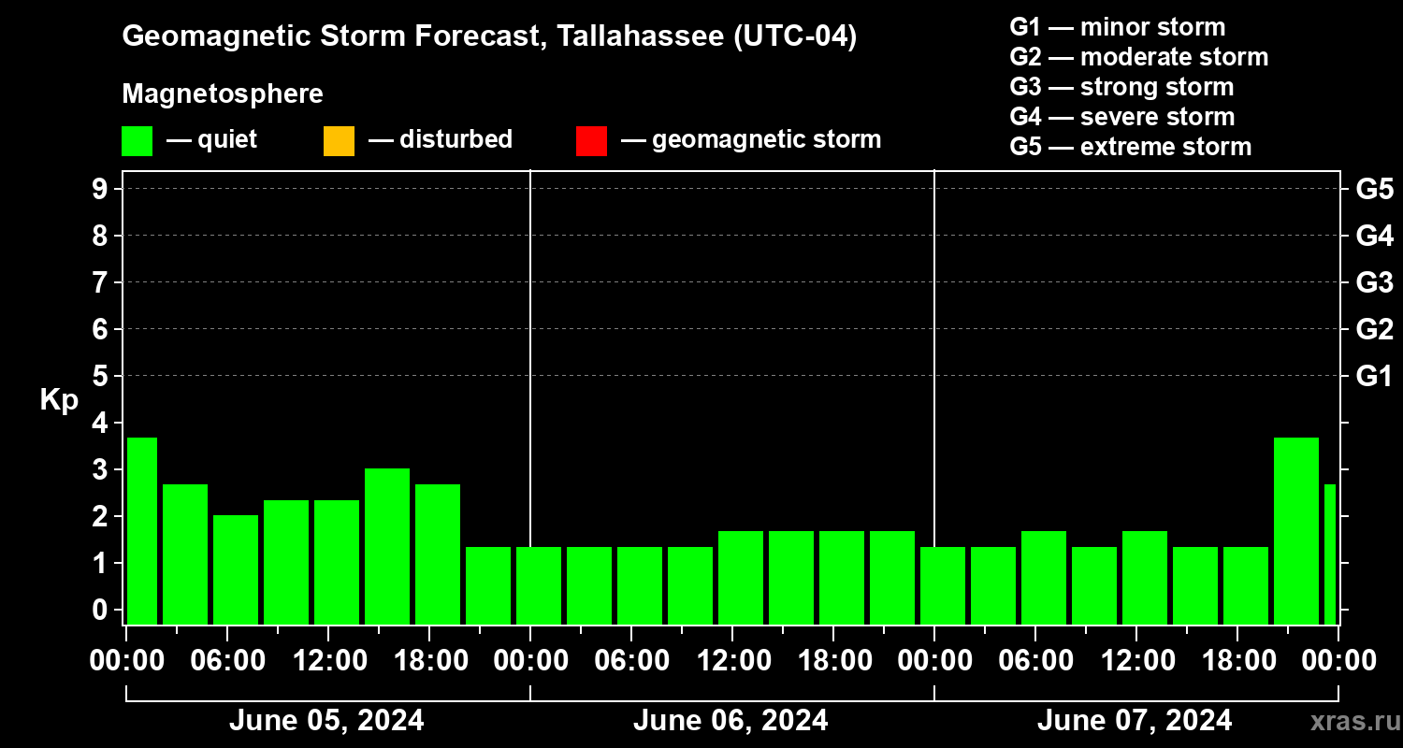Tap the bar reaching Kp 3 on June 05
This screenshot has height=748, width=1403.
click(387, 546)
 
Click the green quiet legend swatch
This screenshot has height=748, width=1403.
click(137, 141)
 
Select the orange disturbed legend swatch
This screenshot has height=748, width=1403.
click(339, 141)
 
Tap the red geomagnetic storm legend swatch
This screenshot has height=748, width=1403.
click(591, 141)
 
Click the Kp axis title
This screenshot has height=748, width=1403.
click(59, 400)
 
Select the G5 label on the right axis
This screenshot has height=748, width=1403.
click(1374, 189)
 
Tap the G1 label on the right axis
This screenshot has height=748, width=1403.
click(1374, 376)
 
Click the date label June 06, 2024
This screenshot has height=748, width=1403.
click(730, 721)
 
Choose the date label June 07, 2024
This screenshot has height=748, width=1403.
click(1135, 721)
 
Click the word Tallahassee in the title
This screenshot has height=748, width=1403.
click(626, 36)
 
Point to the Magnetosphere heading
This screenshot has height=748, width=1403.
click(223, 94)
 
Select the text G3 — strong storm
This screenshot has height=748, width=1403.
click(1121, 87)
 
